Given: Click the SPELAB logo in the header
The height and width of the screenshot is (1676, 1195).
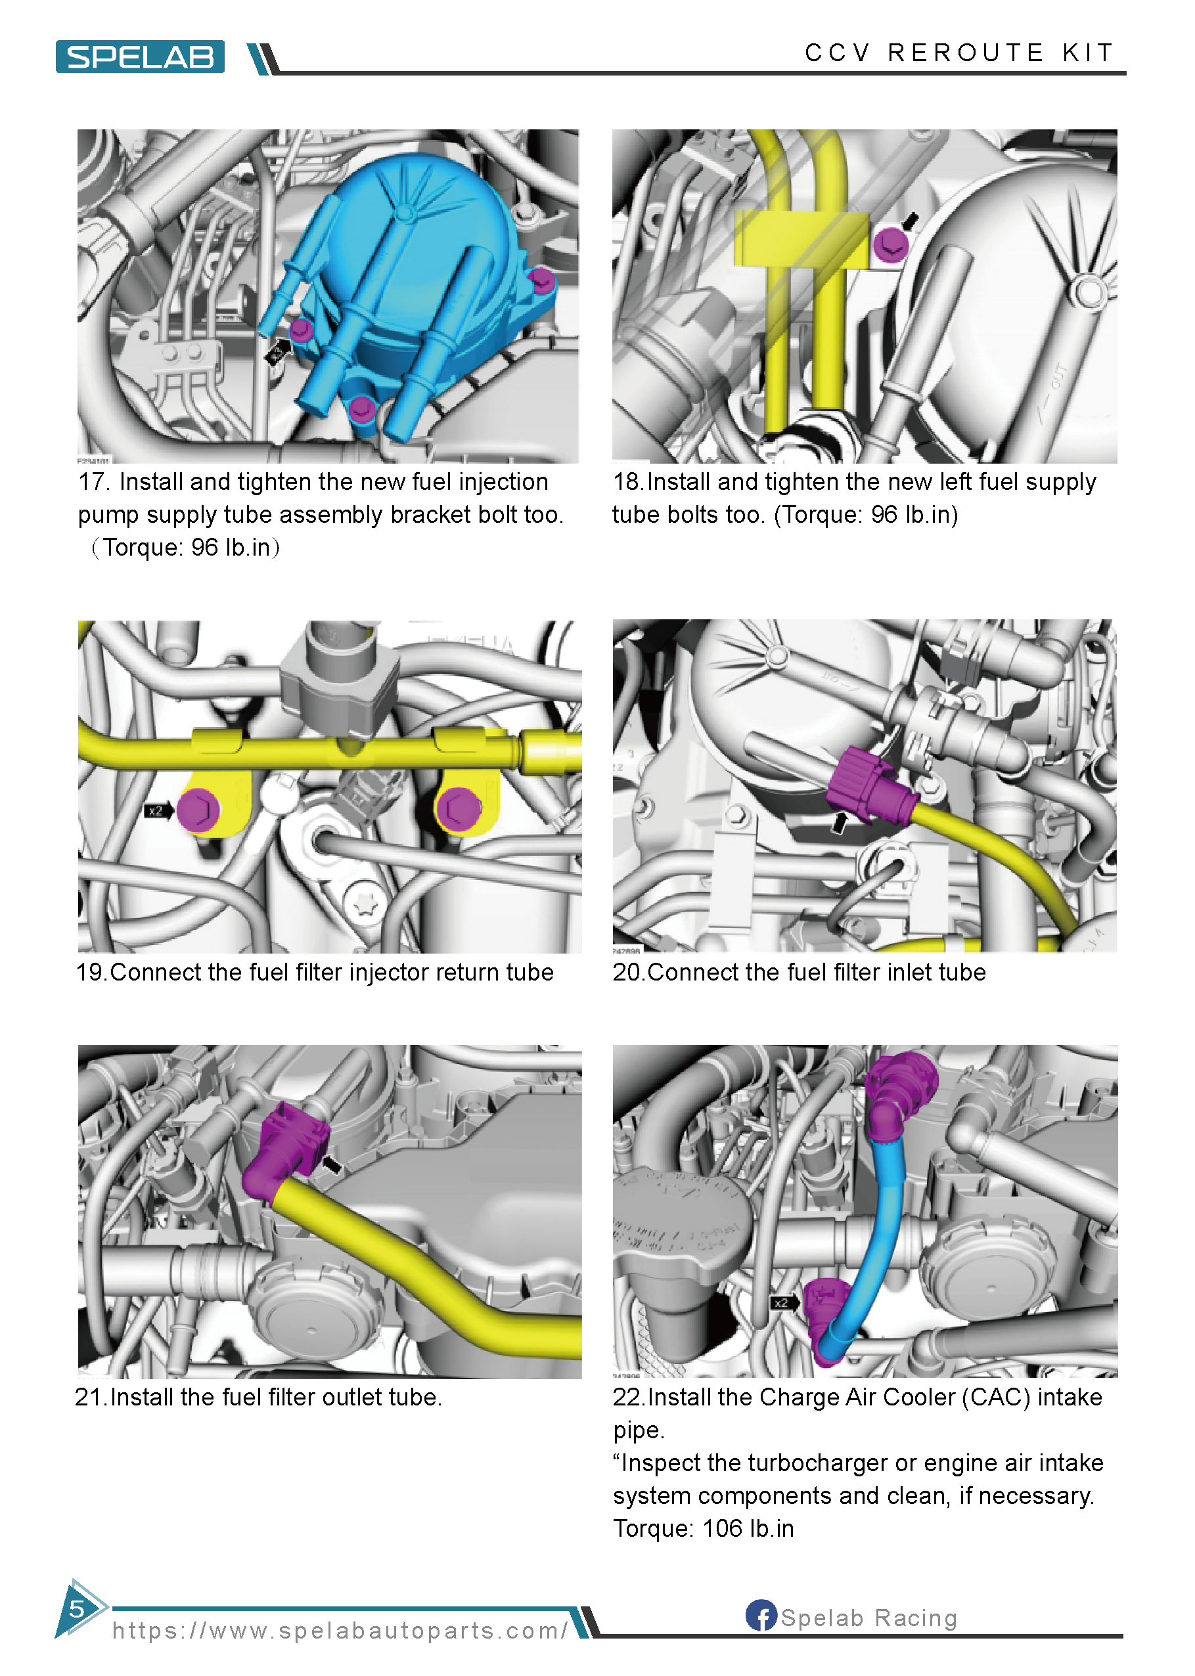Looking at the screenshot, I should click(x=140, y=56).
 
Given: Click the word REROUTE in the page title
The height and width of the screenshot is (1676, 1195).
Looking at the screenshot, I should click(x=966, y=53).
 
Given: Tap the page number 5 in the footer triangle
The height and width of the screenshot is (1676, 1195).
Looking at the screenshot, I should click(x=76, y=1608).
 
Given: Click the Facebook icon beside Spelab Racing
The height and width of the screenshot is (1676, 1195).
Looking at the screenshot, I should click(x=761, y=1615).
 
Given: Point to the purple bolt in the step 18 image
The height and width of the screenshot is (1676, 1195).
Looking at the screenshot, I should click(x=890, y=244).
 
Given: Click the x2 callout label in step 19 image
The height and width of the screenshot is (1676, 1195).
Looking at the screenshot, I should click(x=155, y=811).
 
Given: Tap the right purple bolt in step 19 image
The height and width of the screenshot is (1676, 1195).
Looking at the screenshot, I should click(x=459, y=809).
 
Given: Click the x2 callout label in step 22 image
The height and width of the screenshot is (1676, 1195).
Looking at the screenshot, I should click(x=782, y=1302).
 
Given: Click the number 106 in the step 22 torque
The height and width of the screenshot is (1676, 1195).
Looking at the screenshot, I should click(x=722, y=1528).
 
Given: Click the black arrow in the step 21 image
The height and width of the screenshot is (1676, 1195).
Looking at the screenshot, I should click(x=332, y=1164).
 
